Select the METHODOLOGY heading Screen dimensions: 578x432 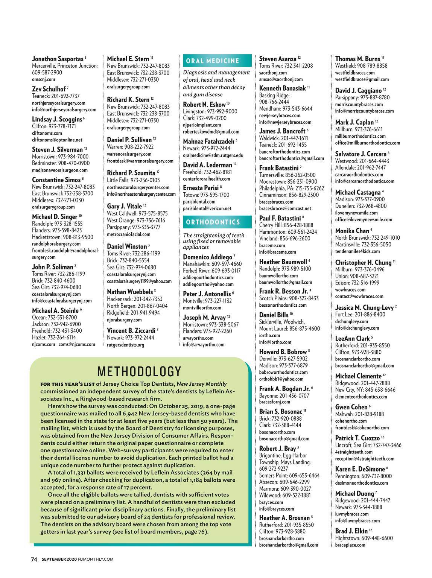[139, 372]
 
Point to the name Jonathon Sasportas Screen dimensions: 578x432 [58, 59]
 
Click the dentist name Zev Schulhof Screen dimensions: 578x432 [49, 89]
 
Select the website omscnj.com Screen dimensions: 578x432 [43, 79]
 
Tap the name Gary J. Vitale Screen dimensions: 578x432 [125, 206]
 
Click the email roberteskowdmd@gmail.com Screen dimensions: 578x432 [211, 132]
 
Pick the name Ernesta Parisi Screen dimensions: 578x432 [201, 187]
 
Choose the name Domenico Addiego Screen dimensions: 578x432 [207, 257]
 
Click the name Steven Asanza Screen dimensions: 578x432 [278, 59]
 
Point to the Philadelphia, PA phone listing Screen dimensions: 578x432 [292, 188]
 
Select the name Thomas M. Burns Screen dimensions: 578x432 [357, 59]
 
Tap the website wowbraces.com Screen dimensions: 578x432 [350, 290]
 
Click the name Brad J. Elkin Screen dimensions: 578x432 [351, 531]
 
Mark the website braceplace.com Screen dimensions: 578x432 [350, 545]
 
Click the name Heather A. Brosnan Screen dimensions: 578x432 [284, 518]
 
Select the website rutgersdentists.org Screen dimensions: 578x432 [126, 345]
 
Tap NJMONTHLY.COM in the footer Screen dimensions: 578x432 [96, 560]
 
